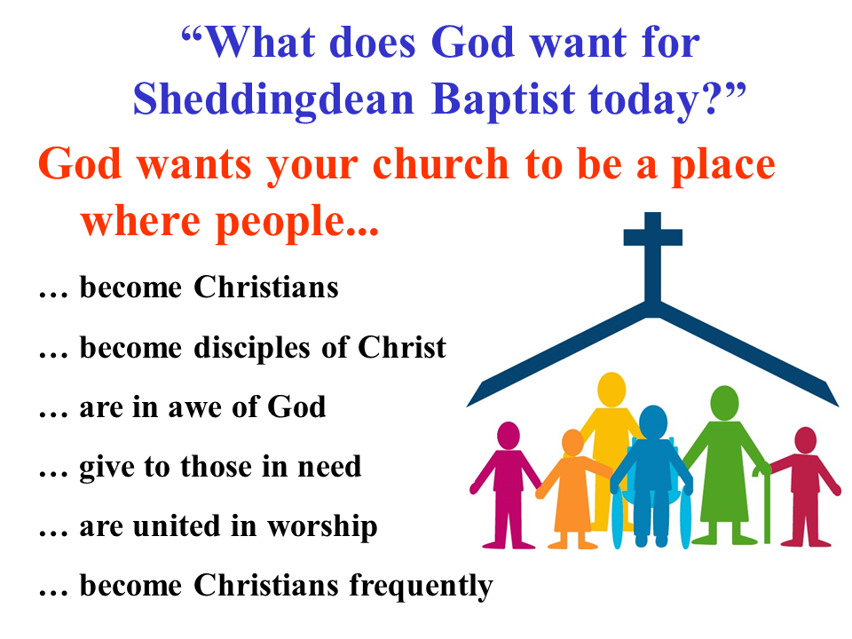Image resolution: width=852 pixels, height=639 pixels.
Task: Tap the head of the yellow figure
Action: [x=611, y=390]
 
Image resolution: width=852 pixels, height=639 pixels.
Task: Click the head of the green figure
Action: [x=724, y=403]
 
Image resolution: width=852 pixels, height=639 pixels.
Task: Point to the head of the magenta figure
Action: [x=508, y=436]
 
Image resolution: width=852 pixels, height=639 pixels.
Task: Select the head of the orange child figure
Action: [x=572, y=442]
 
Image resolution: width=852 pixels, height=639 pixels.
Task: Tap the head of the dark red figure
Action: [x=805, y=440]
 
